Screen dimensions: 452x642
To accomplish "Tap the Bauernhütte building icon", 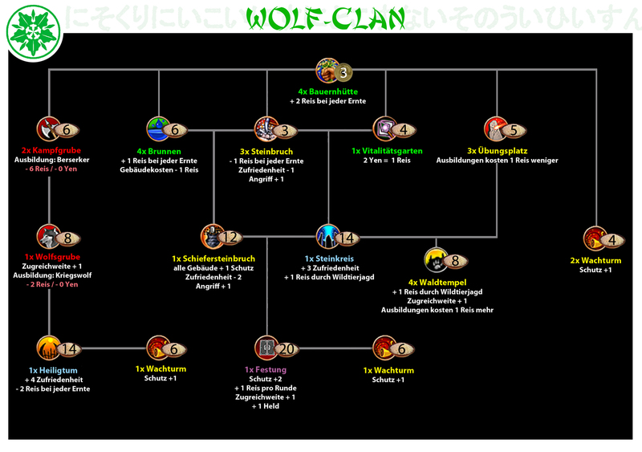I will (327, 70).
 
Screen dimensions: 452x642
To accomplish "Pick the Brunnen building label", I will (158, 150).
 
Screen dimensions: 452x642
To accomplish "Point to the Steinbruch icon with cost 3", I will (266, 128).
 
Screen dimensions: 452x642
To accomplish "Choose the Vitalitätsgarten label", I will (386, 150).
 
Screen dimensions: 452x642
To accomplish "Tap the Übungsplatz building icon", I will (496, 128).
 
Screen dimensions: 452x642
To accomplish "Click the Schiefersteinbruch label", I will (213, 259).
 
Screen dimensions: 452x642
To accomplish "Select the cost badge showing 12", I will (230, 238).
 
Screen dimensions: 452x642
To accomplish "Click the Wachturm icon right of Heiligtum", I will (158, 348).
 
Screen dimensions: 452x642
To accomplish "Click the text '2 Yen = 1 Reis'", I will (386, 161).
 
